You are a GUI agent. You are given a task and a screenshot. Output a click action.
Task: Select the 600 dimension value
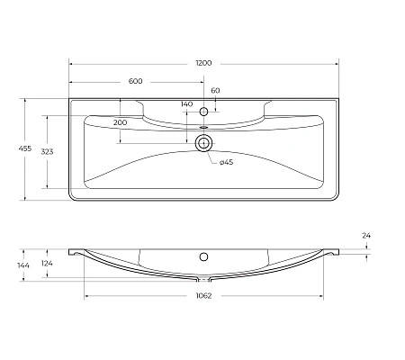[x=136, y=82]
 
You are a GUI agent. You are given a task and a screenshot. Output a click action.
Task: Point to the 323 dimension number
[x=47, y=151]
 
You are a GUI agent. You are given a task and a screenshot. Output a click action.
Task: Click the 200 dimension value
[x=120, y=121]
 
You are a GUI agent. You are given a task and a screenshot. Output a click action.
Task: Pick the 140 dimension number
[x=186, y=104]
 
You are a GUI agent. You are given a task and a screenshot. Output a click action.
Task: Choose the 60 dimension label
[x=215, y=91]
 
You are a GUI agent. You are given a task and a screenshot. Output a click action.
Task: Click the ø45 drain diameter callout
[x=227, y=161]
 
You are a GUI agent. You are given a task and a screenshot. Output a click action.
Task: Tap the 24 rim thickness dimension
[x=366, y=236]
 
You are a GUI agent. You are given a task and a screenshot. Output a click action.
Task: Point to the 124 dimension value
[x=47, y=265]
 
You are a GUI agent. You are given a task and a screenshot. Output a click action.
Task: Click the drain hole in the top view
[x=203, y=143]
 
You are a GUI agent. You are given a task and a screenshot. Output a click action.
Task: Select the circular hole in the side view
[x=203, y=255]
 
